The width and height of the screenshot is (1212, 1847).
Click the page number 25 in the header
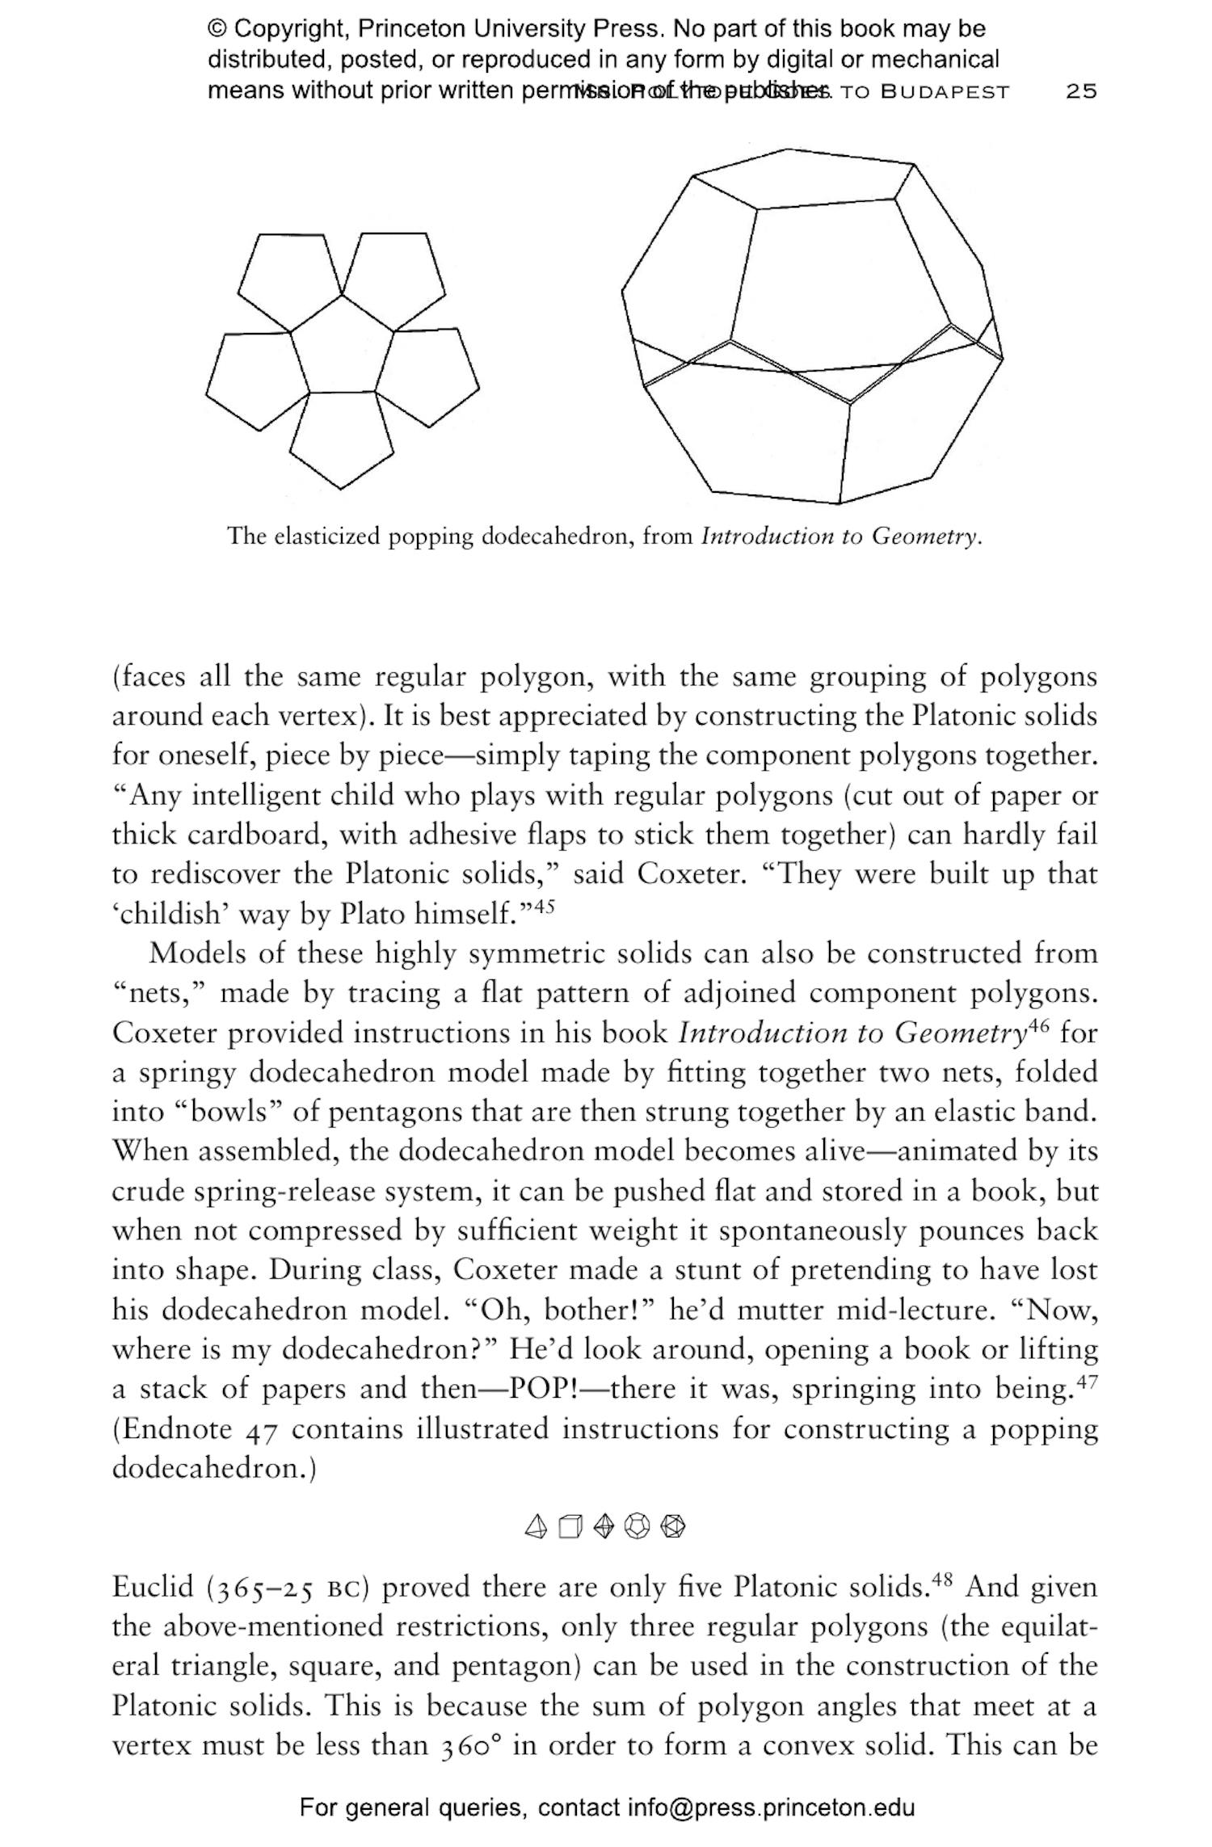[x=1081, y=91]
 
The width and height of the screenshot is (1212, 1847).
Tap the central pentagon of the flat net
[x=342, y=347]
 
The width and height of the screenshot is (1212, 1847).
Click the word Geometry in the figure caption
[x=924, y=536]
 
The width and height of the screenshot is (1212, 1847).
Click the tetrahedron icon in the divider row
[x=536, y=1526]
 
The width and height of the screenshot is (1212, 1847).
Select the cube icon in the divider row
[x=570, y=1526]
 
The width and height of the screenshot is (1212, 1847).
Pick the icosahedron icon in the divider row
[x=672, y=1526]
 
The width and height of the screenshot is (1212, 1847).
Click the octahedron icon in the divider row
[x=604, y=1526]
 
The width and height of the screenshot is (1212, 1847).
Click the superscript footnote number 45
[x=545, y=907]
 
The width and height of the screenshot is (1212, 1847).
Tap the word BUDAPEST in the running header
[x=945, y=91]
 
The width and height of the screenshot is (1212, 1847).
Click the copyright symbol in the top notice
[x=217, y=29]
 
